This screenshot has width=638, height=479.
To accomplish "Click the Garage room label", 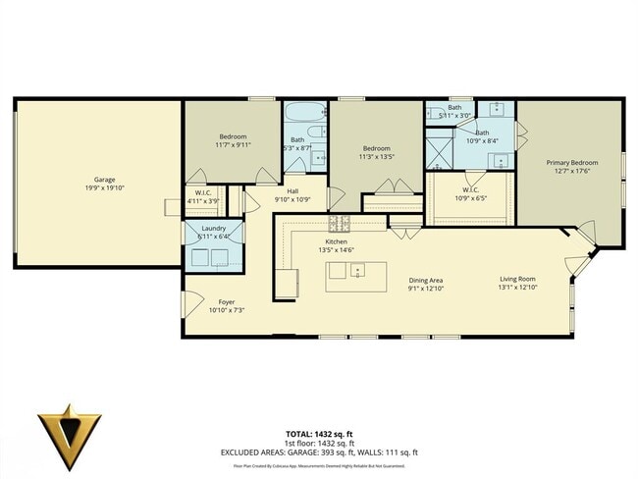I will pyautogui.click(x=105, y=180).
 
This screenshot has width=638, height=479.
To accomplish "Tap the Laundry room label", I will pyautogui.click(x=214, y=228).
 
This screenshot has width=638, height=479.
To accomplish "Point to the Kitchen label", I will pyautogui.click(x=337, y=240).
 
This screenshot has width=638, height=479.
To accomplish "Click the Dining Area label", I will pyautogui.click(x=426, y=281).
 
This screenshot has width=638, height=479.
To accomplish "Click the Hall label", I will pyautogui.click(x=292, y=191).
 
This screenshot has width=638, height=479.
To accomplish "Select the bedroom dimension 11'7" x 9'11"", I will pyautogui.click(x=233, y=144).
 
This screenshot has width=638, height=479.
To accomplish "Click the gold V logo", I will pyautogui.click(x=69, y=429).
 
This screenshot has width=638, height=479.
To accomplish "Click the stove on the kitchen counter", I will pyautogui.click(x=339, y=223).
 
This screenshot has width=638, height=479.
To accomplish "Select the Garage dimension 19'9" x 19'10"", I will pyautogui.click(x=105, y=188).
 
